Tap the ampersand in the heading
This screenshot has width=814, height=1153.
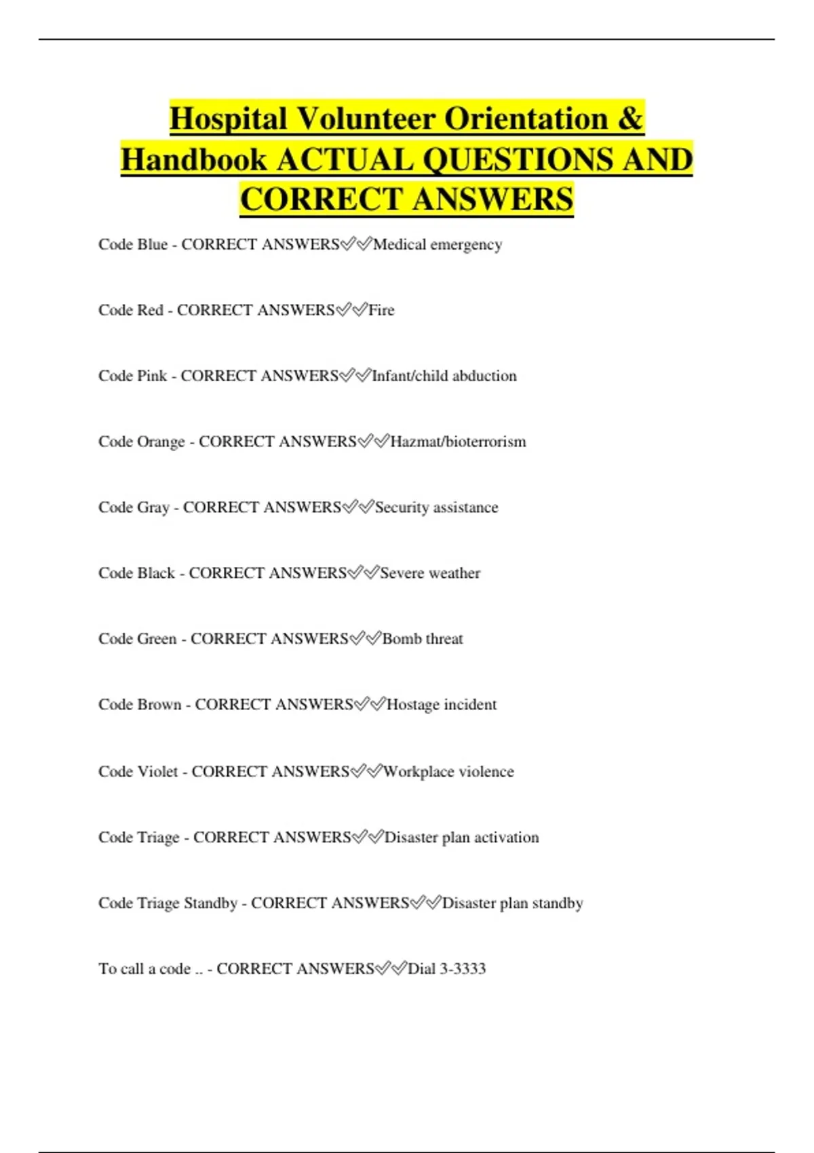pyautogui.click(x=630, y=119)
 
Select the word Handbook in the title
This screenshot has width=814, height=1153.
pyautogui.click(x=194, y=160)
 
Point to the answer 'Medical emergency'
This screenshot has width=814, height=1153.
pyautogui.click(x=438, y=244)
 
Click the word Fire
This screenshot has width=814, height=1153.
pyautogui.click(x=381, y=310)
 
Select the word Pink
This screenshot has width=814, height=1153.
pyautogui.click(x=152, y=376)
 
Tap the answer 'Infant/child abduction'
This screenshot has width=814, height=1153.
pyautogui.click(x=444, y=376)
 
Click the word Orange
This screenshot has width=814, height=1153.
pyautogui.click(x=161, y=442)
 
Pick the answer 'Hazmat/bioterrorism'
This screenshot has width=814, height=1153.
pyautogui.click(x=458, y=442)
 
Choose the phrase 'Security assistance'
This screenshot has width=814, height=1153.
pyautogui.click(x=436, y=507)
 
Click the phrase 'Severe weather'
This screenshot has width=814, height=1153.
pyautogui.click(x=430, y=573)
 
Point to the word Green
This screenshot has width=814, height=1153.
pyautogui.click(x=157, y=639)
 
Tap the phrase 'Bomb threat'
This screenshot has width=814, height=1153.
pyautogui.click(x=423, y=639)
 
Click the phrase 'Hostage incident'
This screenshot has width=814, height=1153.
pyautogui.click(x=442, y=705)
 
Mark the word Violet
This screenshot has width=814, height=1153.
pyautogui.click(x=157, y=772)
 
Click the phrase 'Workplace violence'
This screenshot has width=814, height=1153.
pyautogui.click(x=448, y=772)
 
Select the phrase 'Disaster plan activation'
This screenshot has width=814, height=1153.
pyautogui.click(x=462, y=838)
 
